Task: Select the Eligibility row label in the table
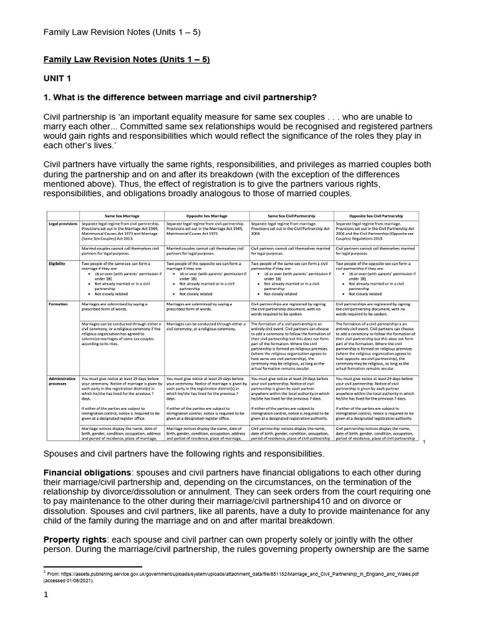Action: click(57, 264)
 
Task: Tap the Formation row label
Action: click(59, 303)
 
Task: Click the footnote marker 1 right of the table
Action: click(424, 442)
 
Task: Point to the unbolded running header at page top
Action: click(121, 32)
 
